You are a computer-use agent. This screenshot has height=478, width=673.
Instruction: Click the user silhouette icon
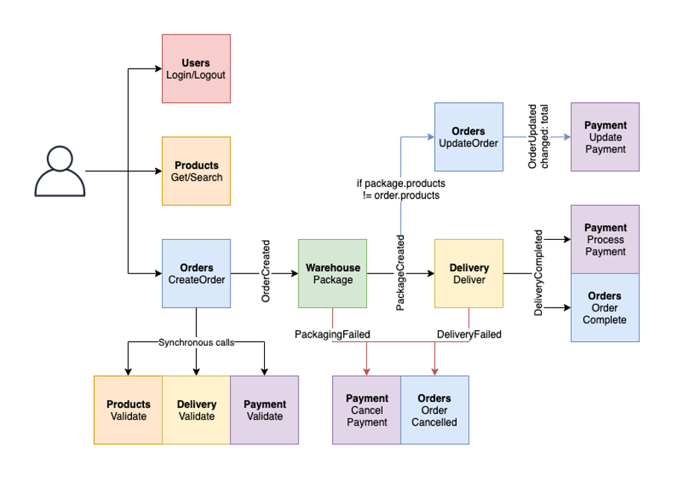click(x=59, y=172)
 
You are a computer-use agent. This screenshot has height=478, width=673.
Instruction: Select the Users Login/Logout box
click(x=196, y=69)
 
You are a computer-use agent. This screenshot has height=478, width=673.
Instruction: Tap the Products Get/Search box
click(x=196, y=171)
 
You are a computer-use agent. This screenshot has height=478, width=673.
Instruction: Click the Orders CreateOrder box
click(x=196, y=273)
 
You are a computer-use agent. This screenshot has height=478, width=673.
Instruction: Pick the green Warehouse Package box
click(x=332, y=273)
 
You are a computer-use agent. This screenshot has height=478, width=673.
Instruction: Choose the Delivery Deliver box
click(x=469, y=273)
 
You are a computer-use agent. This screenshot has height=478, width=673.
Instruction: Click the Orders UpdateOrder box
click(x=469, y=137)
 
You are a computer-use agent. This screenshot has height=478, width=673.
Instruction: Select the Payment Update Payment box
click(x=605, y=137)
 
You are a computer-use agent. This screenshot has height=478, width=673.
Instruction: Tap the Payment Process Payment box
click(x=605, y=239)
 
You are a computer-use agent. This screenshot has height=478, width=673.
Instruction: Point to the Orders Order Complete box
click(x=605, y=308)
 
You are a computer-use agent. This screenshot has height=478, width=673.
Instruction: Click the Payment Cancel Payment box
click(x=366, y=410)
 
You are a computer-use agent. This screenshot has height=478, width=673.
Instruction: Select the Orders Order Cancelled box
click(x=434, y=410)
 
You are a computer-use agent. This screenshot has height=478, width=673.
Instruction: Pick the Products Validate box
click(x=128, y=410)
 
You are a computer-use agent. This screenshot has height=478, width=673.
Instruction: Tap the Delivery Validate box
click(x=196, y=410)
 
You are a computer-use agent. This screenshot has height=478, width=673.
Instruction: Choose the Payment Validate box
click(x=264, y=410)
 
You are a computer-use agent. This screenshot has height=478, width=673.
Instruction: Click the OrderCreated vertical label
click(x=266, y=271)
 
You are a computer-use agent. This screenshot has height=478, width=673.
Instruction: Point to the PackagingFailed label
click(x=332, y=335)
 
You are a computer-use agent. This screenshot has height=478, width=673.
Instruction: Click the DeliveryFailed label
click(x=469, y=335)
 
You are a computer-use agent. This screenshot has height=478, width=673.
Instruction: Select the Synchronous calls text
click(x=196, y=342)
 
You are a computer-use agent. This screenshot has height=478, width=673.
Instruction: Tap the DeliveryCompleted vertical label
click(x=538, y=273)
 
